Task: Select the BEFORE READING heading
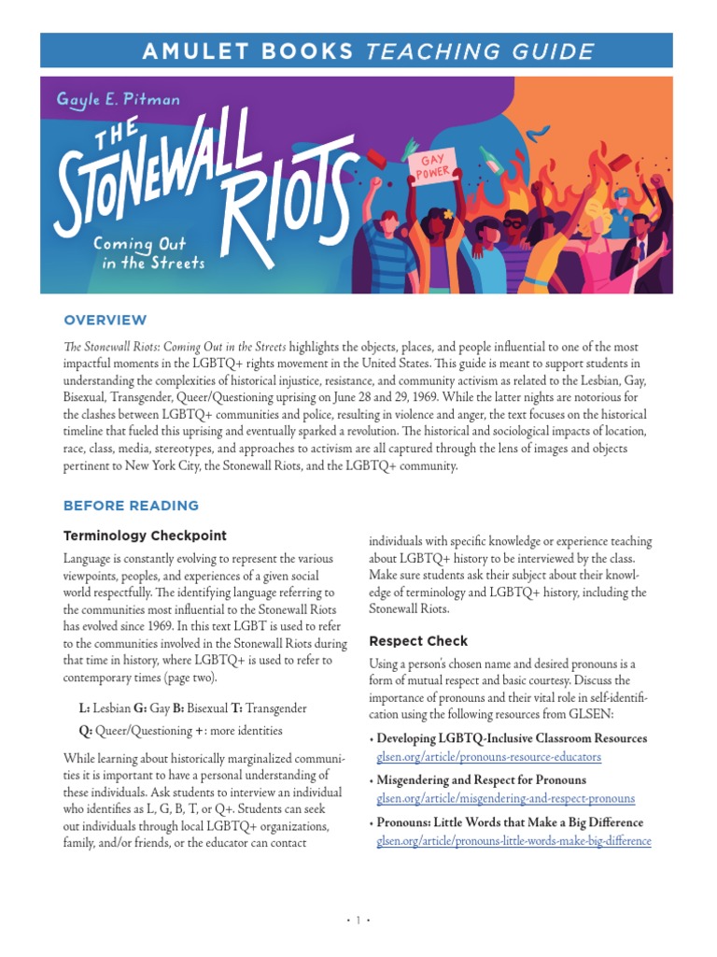pyautogui.click(x=131, y=506)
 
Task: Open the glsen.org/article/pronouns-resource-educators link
pyautogui.click(x=488, y=756)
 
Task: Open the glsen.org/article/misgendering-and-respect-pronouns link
pyautogui.click(x=505, y=798)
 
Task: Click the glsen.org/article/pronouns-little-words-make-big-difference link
pyautogui.click(x=513, y=840)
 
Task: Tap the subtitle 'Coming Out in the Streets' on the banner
pyautogui.click(x=148, y=252)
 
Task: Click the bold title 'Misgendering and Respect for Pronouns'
pyautogui.click(x=481, y=779)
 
